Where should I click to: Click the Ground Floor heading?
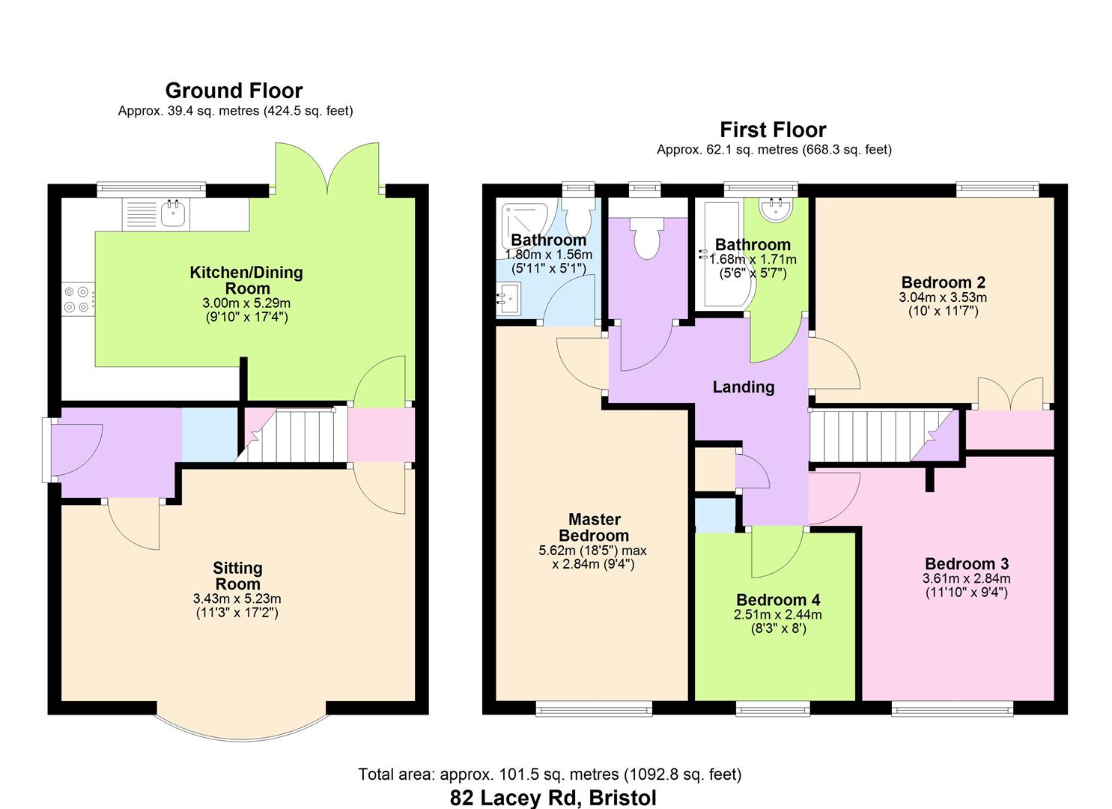[x=234, y=91]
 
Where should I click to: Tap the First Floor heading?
[x=773, y=130]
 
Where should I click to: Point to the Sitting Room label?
[x=237, y=575]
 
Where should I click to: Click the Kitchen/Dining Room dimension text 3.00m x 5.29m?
[x=246, y=303]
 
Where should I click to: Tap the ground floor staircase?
[x=292, y=435]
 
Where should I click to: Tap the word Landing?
[x=743, y=387]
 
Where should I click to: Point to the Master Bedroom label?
[x=594, y=527]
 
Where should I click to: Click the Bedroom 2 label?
[x=943, y=282]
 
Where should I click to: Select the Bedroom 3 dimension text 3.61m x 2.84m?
[x=967, y=578]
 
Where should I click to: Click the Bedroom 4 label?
[x=778, y=600]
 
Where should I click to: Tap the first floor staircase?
[x=884, y=435]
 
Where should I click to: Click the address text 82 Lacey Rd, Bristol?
[x=553, y=798]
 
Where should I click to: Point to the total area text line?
[x=550, y=775]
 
